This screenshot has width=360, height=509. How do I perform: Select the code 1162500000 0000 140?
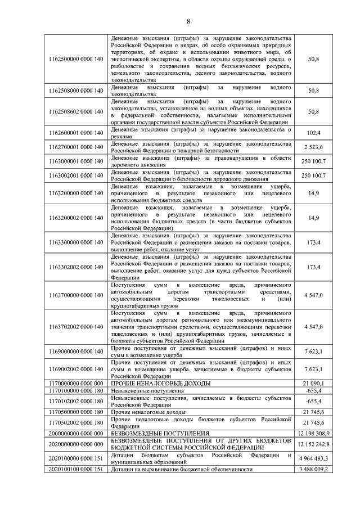[76, 59]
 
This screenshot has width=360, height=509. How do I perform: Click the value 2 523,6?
[313, 147]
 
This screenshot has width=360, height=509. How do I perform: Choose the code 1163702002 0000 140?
[76, 327]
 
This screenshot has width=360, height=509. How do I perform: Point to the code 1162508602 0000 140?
[76, 111]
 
